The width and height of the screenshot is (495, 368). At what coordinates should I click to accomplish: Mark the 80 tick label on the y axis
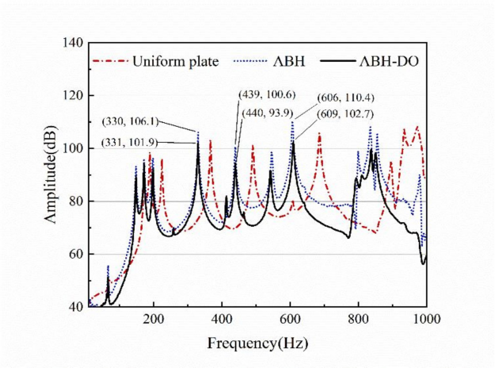click(75, 201)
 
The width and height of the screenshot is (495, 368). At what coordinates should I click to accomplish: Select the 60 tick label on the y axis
click(75, 255)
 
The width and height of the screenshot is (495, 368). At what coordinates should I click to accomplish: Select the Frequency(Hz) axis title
click(257, 344)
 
